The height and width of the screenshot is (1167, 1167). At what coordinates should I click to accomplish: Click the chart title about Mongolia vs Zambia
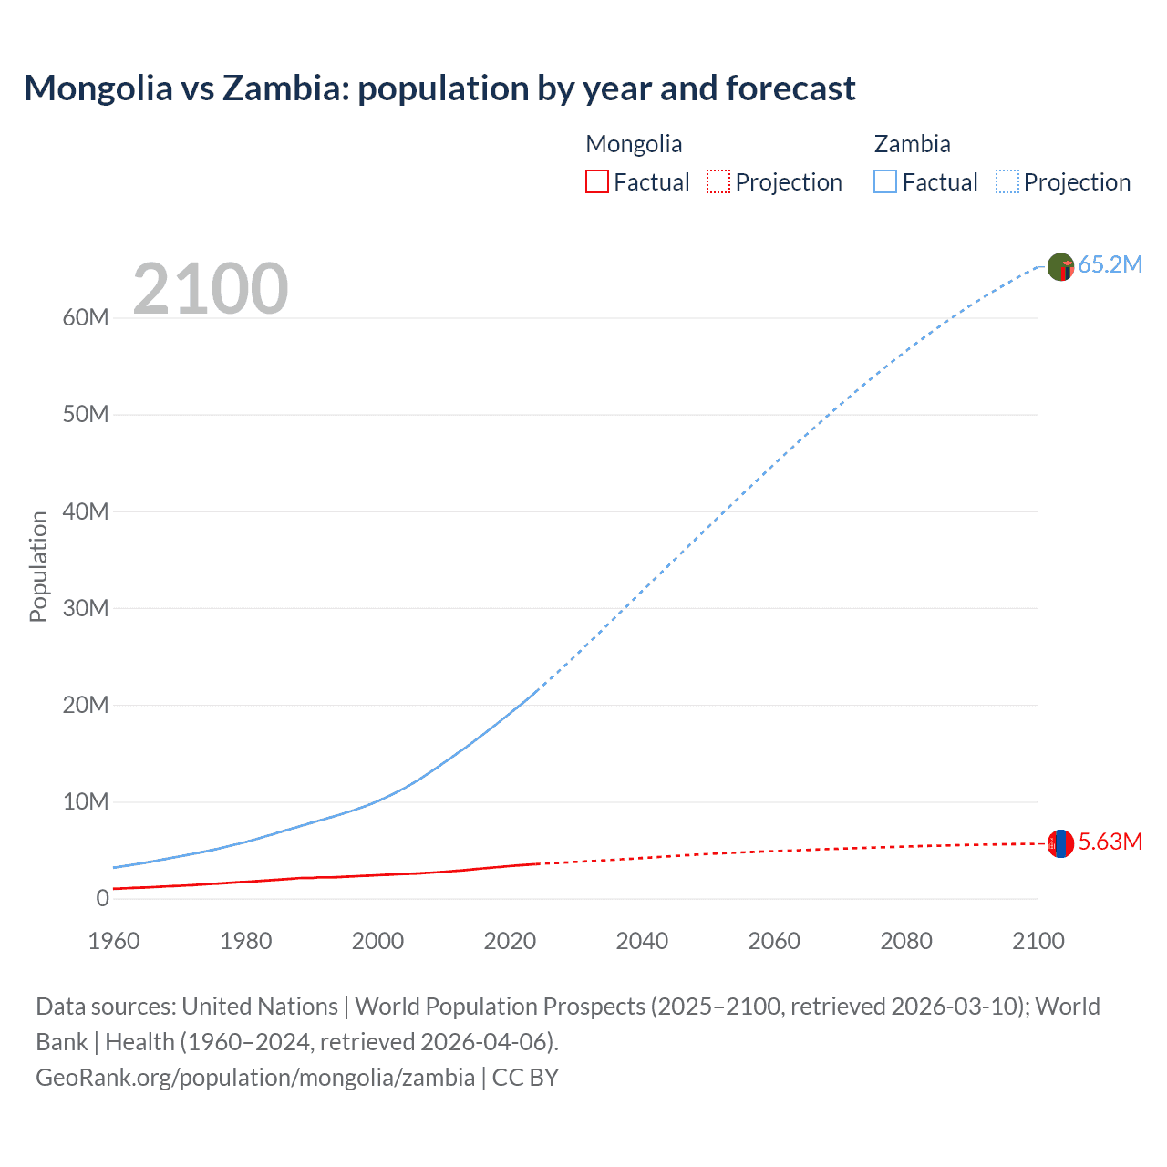pyautogui.click(x=439, y=88)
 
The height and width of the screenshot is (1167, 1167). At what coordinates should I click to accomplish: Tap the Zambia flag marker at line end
pyautogui.click(x=1060, y=267)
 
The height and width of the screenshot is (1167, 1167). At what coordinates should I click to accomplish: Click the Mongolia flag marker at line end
pyautogui.click(x=1060, y=843)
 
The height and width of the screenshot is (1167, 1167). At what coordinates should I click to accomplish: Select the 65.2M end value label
pyautogui.click(x=1110, y=264)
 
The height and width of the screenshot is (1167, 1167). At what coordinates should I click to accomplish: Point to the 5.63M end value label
pyautogui.click(x=1110, y=842)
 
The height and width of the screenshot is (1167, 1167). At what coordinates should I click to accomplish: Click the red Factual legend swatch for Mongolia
pyautogui.click(x=596, y=181)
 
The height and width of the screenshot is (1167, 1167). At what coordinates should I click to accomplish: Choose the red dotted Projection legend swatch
pyautogui.click(x=718, y=181)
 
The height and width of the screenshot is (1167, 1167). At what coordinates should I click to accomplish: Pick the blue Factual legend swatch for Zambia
pyautogui.click(x=884, y=181)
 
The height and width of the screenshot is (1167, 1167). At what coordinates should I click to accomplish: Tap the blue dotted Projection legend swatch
pyautogui.click(x=1007, y=181)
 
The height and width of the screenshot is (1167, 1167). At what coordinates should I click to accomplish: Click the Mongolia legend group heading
pyautogui.click(x=634, y=144)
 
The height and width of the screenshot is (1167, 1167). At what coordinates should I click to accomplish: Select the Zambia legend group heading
pyautogui.click(x=912, y=144)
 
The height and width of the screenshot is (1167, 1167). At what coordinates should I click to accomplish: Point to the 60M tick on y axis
pyautogui.click(x=86, y=317)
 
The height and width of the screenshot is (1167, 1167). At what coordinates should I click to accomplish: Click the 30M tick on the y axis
pyautogui.click(x=86, y=608)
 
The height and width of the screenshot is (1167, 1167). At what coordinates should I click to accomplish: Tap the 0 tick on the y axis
pyautogui.click(x=102, y=898)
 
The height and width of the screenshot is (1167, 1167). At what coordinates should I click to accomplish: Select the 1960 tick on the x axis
pyautogui.click(x=114, y=941)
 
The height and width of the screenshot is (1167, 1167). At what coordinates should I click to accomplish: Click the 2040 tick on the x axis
pyautogui.click(x=642, y=941)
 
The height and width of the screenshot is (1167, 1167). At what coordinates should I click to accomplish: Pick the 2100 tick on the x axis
pyautogui.click(x=1038, y=941)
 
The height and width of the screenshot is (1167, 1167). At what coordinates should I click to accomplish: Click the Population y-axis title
pyautogui.click(x=38, y=566)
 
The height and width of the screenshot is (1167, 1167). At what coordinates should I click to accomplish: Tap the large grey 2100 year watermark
pyautogui.click(x=211, y=289)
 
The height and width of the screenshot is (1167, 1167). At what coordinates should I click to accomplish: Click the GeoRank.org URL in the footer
pyautogui.click(x=255, y=1077)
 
